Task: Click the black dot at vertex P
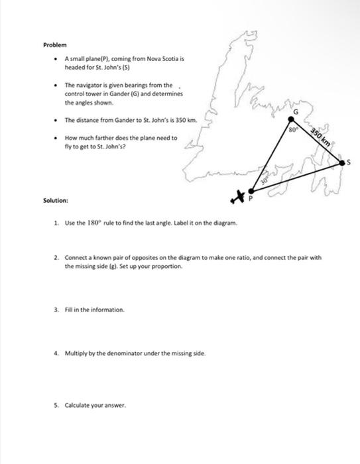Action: (x=251, y=190)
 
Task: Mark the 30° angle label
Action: (x=263, y=178)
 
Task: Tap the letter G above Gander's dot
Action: (x=296, y=113)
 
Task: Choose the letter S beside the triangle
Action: (x=350, y=161)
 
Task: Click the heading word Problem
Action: (x=55, y=44)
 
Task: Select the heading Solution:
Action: (x=56, y=200)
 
